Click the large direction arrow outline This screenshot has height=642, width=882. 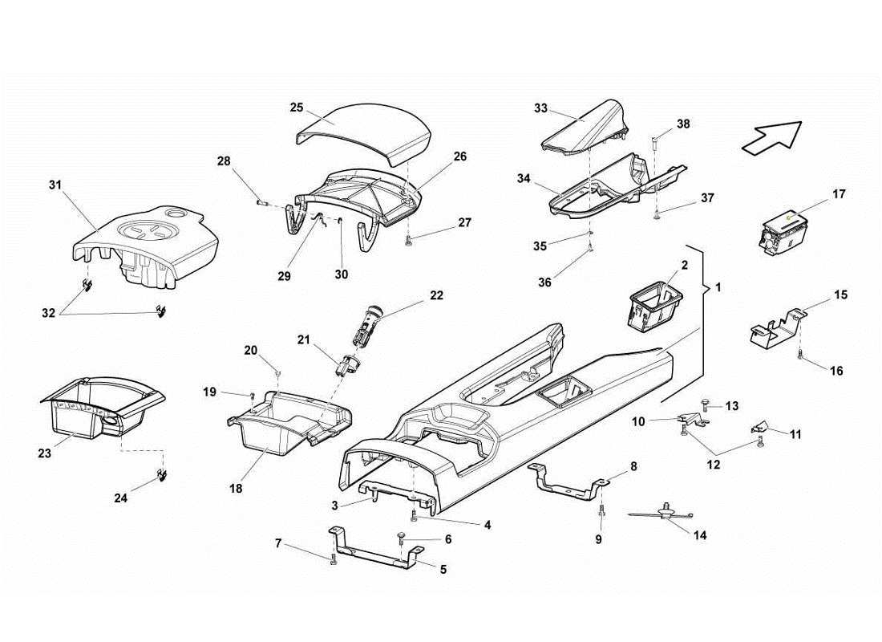pyautogui.click(x=771, y=137)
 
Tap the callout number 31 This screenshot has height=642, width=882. pyautogui.click(x=55, y=185)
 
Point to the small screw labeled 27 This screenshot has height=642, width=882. pyautogui.click(x=410, y=239)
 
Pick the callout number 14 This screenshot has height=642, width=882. pyautogui.click(x=701, y=535)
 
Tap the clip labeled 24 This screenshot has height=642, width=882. pyautogui.click(x=162, y=473)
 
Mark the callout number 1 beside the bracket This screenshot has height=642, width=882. pyautogui.click(x=718, y=287)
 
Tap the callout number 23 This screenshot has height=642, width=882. pyautogui.click(x=44, y=453)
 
